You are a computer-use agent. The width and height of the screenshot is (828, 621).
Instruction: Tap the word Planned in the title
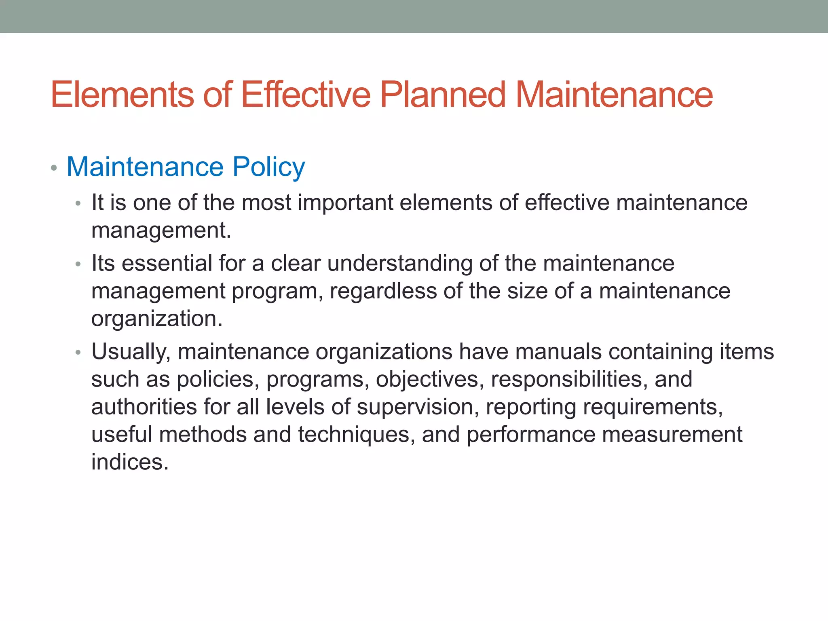[443, 95]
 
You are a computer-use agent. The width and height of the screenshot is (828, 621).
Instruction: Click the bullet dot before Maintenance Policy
[54, 168]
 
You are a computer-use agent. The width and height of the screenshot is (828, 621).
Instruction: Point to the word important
[345, 203]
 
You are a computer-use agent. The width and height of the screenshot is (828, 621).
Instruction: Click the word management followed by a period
[161, 231]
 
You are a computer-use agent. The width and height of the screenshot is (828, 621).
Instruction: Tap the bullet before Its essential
[78, 265]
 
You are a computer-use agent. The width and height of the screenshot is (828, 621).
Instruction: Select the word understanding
[400, 264]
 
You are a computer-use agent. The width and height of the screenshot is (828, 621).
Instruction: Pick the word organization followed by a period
[156, 319]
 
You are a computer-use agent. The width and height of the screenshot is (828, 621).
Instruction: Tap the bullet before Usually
[78, 353]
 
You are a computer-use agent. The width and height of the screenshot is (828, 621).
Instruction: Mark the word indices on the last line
[129, 462]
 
